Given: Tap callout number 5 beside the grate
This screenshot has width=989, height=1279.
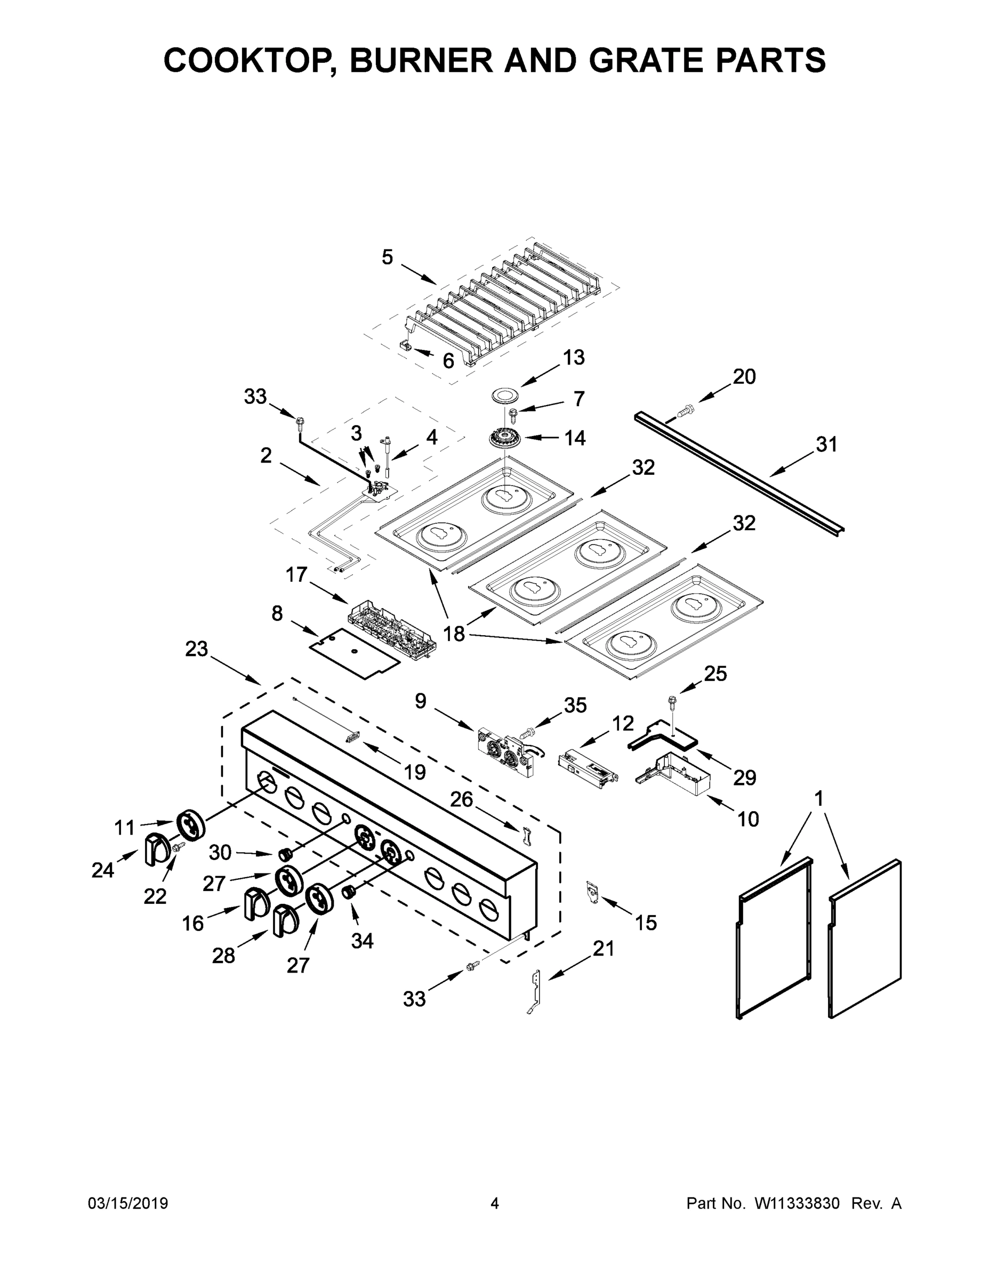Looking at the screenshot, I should (x=387, y=257).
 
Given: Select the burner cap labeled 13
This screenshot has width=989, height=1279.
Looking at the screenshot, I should (x=506, y=395).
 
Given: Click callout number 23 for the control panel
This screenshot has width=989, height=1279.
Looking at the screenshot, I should (x=196, y=649).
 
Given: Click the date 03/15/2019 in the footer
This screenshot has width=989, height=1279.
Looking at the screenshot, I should (x=128, y=1203).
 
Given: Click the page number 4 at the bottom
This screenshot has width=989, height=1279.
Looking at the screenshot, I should (x=495, y=1203).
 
